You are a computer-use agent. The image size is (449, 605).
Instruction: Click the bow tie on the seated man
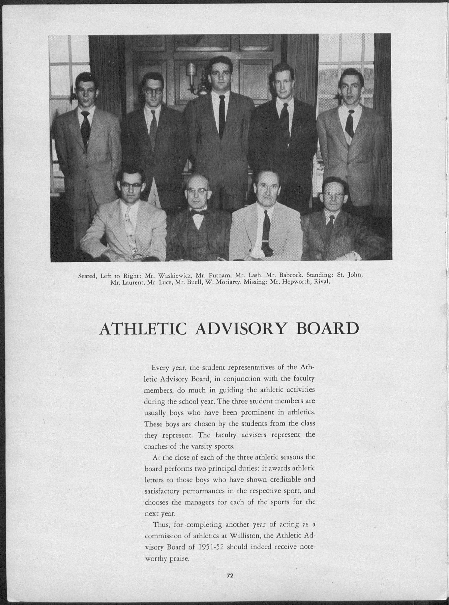(198, 213)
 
